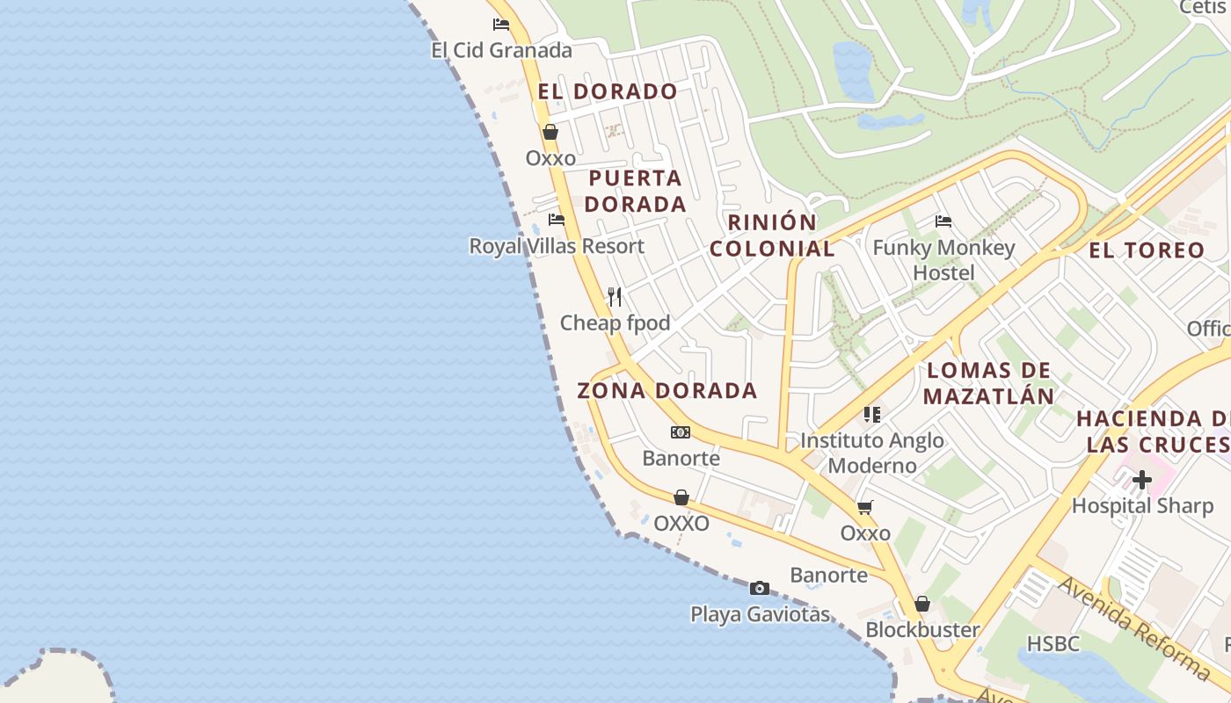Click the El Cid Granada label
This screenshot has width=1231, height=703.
pyautogui.click(x=501, y=50)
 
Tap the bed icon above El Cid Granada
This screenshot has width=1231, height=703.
pyautogui.click(x=501, y=25)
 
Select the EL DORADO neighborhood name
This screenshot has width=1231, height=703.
pyautogui.click(x=608, y=91)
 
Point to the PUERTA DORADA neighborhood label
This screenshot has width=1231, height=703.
pyautogui.click(x=636, y=191)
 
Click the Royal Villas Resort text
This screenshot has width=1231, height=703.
pyautogui.click(x=557, y=246)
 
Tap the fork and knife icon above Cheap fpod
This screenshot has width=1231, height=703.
pyautogui.click(x=615, y=297)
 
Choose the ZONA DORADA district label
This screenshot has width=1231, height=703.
pyautogui.click(x=666, y=391)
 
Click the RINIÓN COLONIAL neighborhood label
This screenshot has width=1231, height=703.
pyautogui.click(x=772, y=236)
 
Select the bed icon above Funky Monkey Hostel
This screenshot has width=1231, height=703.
pyautogui.click(x=943, y=221)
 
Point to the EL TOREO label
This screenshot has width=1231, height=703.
pyautogui.click(x=1147, y=250)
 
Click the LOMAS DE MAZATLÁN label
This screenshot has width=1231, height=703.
pyautogui.click(x=989, y=383)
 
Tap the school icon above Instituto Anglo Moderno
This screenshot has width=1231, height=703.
pyautogui.click(x=871, y=414)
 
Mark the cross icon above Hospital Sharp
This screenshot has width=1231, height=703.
pyautogui.click(x=1142, y=480)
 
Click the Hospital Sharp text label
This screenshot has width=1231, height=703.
pyautogui.click(x=1141, y=505)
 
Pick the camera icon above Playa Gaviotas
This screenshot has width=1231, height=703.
pyautogui.click(x=760, y=588)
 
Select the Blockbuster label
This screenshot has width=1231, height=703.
pyautogui.click(x=922, y=629)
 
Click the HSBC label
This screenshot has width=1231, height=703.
pyautogui.click(x=1053, y=643)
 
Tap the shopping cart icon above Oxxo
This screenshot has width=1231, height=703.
pyautogui.click(x=865, y=508)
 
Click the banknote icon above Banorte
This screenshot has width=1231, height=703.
pyautogui.click(x=681, y=432)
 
